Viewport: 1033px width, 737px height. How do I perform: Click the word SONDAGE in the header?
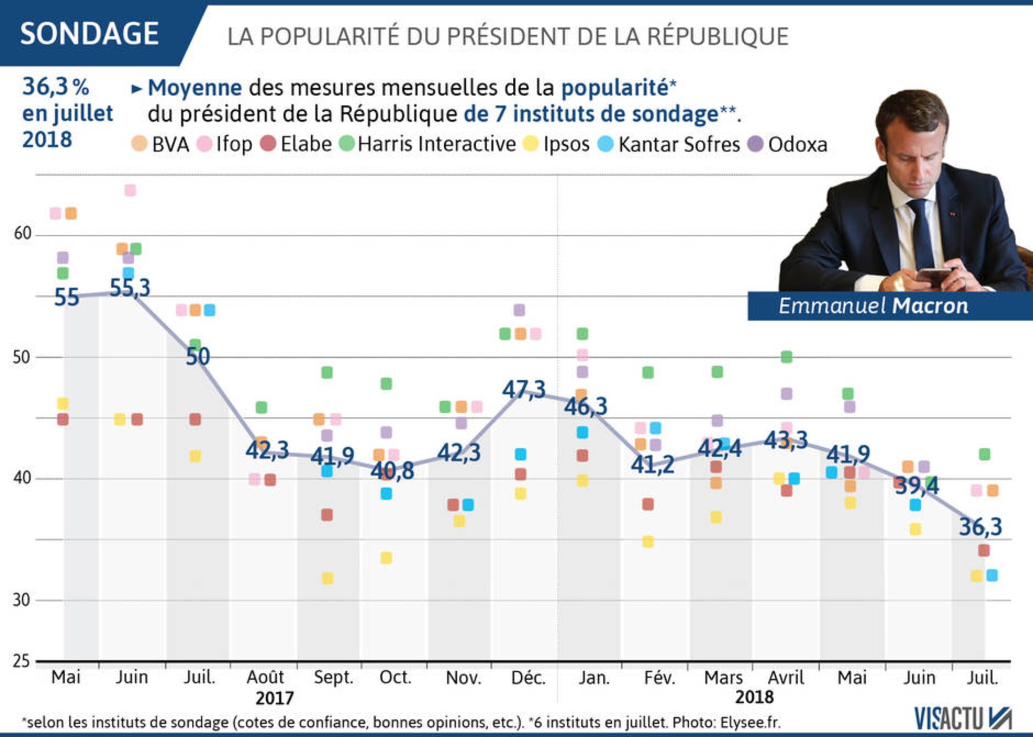(89, 34)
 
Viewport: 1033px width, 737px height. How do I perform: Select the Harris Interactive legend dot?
(347, 144)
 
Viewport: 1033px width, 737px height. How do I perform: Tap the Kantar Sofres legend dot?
(606, 144)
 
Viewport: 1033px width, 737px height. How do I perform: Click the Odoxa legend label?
(797, 145)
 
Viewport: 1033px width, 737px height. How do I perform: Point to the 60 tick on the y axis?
(22, 233)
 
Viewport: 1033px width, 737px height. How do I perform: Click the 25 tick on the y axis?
(21, 661)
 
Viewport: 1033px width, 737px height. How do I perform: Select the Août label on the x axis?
(265, 677)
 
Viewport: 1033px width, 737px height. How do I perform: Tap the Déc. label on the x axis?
(528, 677)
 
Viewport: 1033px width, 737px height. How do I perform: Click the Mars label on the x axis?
(723, 677)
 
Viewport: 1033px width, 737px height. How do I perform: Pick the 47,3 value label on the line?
(524, 390)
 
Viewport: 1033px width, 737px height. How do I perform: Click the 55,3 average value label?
(130, 288)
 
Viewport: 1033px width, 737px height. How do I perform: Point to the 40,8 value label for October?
(392, 471)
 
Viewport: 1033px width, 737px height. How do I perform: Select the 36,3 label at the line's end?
(980, 527)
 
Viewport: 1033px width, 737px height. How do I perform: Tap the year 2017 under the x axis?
(274, 698)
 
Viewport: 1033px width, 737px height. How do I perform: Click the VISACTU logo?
(963, 719)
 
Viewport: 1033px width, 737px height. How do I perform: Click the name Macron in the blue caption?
(930, 306)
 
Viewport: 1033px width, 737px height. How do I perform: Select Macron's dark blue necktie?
(921, 235)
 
